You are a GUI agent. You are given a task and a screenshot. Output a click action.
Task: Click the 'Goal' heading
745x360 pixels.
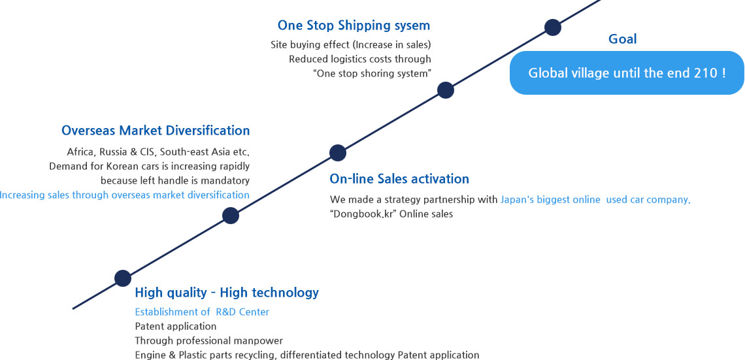tap(622, 39)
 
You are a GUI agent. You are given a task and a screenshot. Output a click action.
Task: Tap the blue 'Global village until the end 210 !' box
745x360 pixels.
tap(627, 73)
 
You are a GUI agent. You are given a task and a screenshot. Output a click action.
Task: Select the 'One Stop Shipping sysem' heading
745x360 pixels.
tap(354, 25)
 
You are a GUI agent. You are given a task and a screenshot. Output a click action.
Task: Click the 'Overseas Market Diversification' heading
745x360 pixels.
tap(156, 130)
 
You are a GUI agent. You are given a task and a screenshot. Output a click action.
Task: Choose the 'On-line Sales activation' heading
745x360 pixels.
tap(399, 178)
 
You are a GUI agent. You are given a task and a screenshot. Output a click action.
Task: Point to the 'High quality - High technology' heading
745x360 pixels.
tap(227, 293)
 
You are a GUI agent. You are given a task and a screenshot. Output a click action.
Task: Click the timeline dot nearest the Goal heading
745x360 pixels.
tap(553, 27)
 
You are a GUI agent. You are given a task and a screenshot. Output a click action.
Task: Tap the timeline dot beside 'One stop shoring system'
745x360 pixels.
tap(445, 90)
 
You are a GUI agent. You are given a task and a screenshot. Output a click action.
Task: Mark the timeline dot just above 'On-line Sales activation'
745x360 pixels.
tap(338, 153)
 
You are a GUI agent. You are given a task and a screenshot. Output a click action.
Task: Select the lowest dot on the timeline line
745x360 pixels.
tap(123, 278)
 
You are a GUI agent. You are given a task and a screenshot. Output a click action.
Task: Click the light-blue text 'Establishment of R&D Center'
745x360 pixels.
tap(202, 312)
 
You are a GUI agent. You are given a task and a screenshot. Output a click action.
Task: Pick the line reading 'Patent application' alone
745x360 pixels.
tap(176, 327)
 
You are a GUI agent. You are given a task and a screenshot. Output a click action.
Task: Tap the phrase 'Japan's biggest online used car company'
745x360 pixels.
tap(595, 200)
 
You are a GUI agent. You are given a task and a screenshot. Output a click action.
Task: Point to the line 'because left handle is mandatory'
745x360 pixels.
tap(175, 180)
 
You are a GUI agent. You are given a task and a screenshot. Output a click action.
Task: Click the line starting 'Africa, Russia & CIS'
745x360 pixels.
tap(158, 152)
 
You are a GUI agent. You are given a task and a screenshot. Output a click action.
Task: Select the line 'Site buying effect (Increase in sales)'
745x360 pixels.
tap(351, 44)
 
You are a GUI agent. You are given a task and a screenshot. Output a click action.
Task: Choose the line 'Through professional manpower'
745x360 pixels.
tap(209, 341)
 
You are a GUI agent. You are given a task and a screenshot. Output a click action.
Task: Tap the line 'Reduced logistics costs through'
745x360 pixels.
tap(360, 59)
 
